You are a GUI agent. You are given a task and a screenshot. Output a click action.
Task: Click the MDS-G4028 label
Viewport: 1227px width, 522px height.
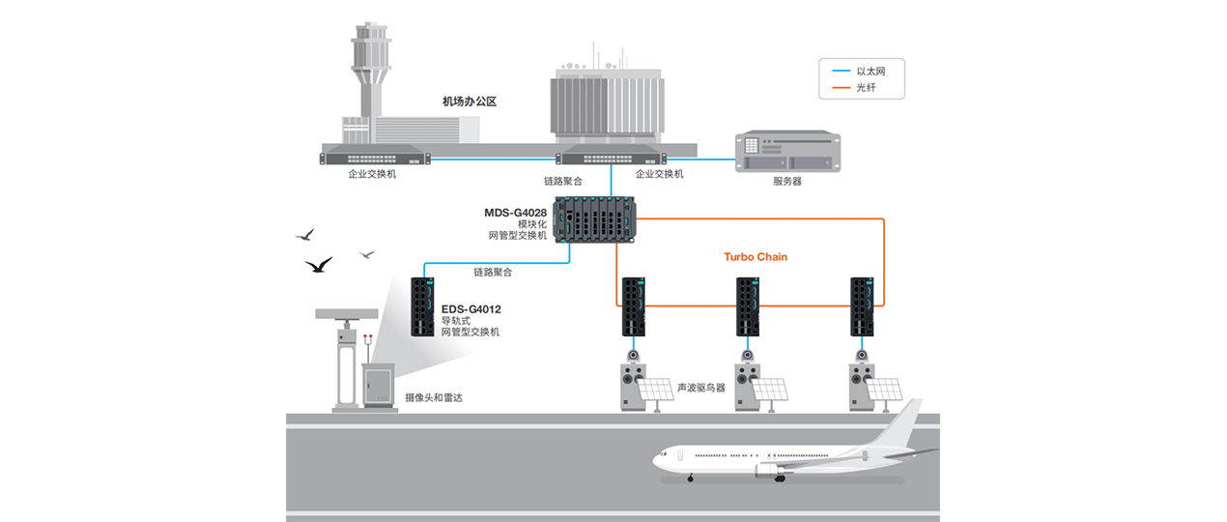[x=516, y=213]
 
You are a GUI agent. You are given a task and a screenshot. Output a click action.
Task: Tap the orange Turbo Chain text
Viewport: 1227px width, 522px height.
[x=756, y=257]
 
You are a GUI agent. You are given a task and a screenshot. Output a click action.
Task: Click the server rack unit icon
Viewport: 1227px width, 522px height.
[x=787, y=152]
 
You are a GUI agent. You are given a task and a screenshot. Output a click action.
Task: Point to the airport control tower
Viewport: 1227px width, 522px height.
[x=370, y=72]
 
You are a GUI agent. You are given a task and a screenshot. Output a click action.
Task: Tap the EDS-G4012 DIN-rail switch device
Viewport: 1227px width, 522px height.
[x=422, y=306]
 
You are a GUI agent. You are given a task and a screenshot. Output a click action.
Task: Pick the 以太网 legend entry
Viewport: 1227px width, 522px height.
[x=870, y=71]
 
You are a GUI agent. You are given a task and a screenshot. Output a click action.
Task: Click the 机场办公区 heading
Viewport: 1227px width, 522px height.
[x=469, y=101]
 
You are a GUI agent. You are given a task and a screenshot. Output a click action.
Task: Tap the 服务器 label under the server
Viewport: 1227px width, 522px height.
[x=786, y=181]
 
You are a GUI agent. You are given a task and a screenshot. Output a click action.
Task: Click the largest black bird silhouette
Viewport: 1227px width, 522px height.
[x=318, y=264]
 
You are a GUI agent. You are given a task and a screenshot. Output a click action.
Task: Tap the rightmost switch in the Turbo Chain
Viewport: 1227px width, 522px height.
[x=862, y=306]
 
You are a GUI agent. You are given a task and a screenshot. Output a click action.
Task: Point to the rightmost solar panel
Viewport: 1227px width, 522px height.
[x=885, y=389]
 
